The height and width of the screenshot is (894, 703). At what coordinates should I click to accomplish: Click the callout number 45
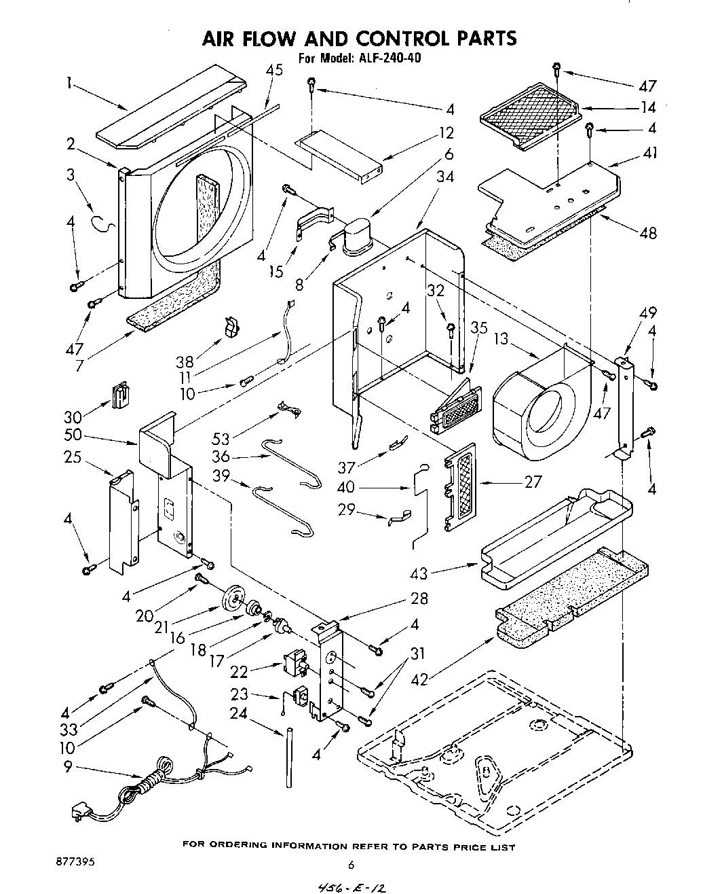click(274, 70)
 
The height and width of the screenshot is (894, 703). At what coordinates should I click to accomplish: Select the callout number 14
click(648, 107)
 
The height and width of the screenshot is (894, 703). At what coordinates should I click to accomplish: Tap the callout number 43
click(419, 573)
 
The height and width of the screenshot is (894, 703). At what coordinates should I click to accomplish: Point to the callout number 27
click(533, 482)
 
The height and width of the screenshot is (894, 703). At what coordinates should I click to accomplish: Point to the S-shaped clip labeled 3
click(100, 222)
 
